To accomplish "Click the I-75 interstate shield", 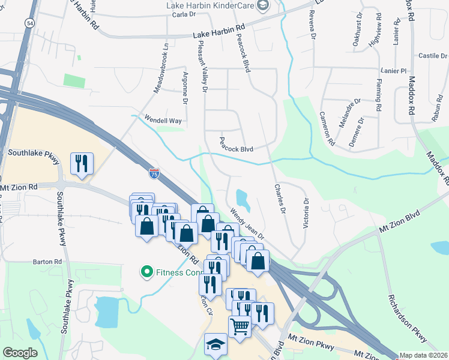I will coord(154,174).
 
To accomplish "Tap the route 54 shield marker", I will coord(29,22).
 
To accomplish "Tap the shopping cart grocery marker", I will coord(240,327).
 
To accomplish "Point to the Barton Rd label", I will coord(47,262).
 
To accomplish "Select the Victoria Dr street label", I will coord(306,215).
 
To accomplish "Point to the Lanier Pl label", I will coord(394,71).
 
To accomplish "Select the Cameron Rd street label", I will coord(327,128).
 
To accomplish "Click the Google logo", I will coord(20,353).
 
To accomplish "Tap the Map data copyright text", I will coord(424,355).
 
